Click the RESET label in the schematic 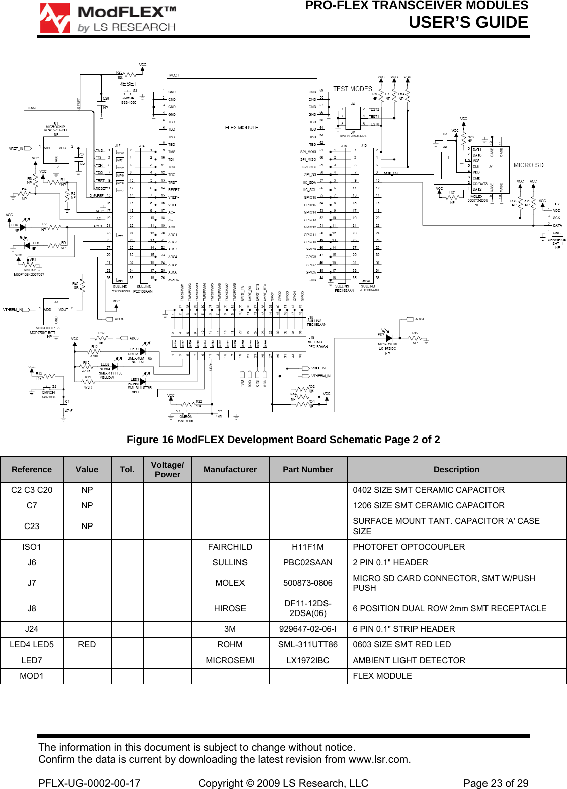[x=128, y=84]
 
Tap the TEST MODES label [x=352, y=89]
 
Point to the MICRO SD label [x=528, y=165]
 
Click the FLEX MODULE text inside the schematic [x=241, y=128]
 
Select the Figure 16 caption [x=283, y=440]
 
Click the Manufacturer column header [x=230, y=469]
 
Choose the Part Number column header [x=307, y=469]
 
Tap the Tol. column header [x=127, y=469]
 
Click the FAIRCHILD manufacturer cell [x=230, y=547]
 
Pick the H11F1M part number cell [x=307, y=547]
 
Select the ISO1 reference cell [x=32, y=547]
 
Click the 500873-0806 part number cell [x=307, y=583]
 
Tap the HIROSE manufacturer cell [x=230, y=608]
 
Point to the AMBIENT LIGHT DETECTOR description [x=409, y=660]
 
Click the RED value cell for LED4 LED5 [x=87, y=644]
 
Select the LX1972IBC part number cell [x=307, y=660]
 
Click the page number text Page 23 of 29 [x=496, y=783]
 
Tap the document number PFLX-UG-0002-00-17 [x=90, y=783]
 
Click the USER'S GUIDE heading [x=468, y=22]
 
